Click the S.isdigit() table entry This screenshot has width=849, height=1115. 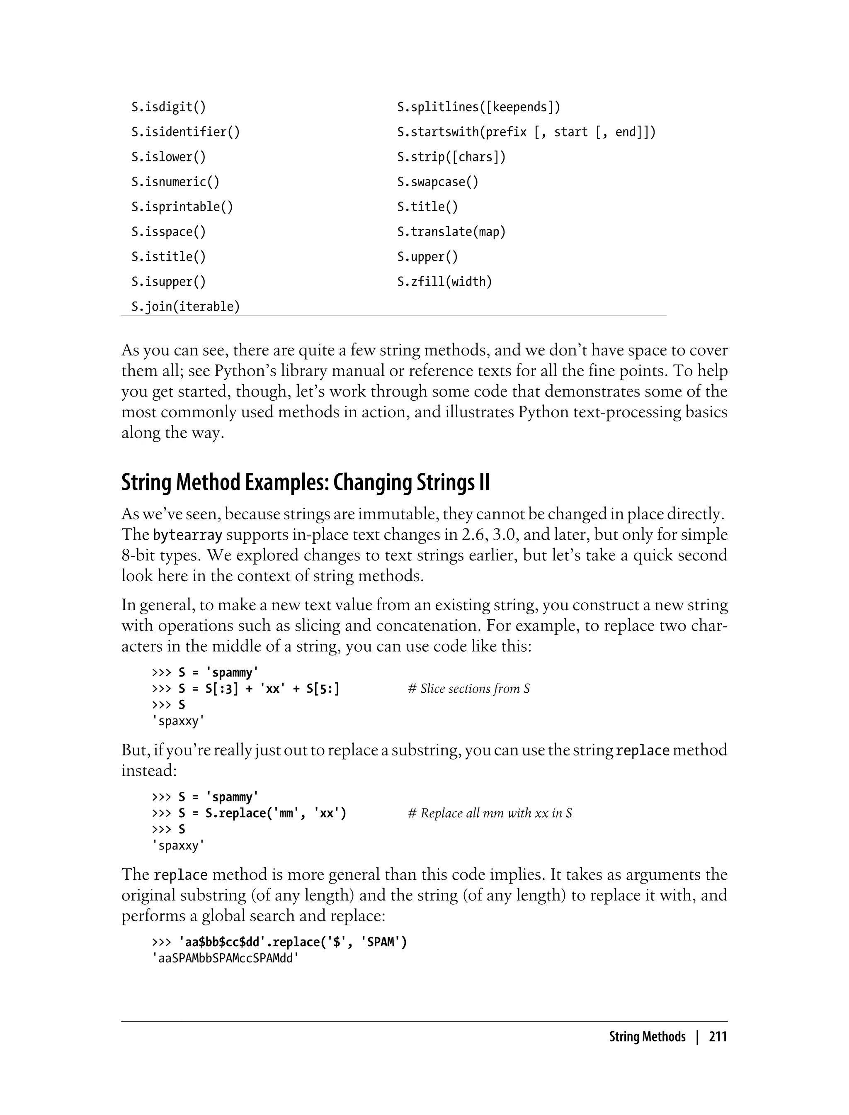click(169, 107)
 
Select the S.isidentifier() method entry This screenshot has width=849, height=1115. click(185, 132)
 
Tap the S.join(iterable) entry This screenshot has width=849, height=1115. click(185, 307)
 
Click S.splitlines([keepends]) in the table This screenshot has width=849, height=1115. click(478, 107)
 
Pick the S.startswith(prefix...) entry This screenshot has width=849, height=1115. click(526, 132)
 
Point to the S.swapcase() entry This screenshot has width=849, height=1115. click(438, 182)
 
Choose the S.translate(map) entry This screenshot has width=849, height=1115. click(451, 231)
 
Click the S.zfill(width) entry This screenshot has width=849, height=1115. click(444, 282)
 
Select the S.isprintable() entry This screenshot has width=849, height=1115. click(182, 207)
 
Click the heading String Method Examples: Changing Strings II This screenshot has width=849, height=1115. click(305, 482)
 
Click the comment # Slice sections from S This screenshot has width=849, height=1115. click(468, 689)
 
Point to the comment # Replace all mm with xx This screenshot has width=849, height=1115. click(489, 813)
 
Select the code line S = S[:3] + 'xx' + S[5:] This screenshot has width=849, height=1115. click(259, 689)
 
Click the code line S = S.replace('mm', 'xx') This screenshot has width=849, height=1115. click(262, 813)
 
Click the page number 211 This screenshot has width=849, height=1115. click(718, 1037)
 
